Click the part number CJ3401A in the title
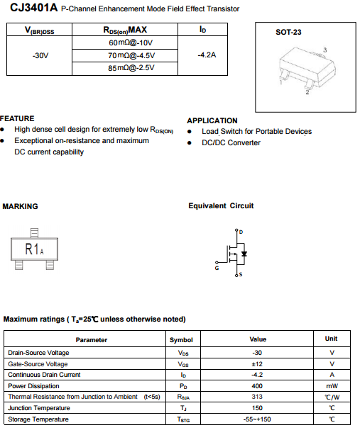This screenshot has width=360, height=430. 34,7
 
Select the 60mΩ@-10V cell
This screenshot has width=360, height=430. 131,43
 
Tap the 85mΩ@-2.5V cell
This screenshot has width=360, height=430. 131,68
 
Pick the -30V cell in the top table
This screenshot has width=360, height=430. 40,56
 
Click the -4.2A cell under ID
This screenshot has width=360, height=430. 207,55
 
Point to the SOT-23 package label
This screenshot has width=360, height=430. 288,33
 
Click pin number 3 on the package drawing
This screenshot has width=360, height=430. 325,50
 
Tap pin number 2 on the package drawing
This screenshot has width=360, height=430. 307,92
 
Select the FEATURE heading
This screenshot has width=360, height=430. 17,118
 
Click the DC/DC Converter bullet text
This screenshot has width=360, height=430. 231,142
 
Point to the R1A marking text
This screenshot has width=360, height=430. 34,249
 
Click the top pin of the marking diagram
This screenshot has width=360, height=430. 34,233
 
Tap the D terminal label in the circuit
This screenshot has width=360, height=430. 241,232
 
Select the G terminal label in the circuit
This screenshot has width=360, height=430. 217,268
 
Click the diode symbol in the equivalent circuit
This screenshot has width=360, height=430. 244,254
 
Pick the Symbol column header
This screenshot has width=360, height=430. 181,340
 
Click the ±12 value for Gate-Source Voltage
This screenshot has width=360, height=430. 257,364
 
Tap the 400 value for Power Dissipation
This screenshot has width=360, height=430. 257,386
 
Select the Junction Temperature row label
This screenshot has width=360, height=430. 39,408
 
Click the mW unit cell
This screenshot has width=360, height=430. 332,386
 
